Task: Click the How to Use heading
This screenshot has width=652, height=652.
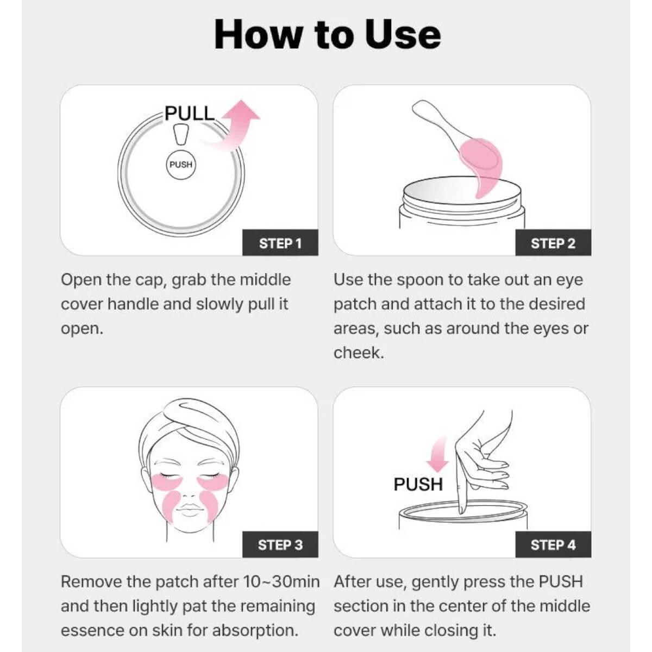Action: (327, 35)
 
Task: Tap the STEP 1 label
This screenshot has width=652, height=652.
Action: (280, 243)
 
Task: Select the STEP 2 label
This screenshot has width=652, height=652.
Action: (553, 243)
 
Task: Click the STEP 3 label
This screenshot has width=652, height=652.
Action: (280, 545)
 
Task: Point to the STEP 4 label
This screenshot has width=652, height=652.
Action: (553, 545)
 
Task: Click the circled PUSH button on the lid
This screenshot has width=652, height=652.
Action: (181, 165)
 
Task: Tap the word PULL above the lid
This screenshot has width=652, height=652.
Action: (190, 114)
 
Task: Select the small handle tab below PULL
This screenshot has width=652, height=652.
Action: (181, 134)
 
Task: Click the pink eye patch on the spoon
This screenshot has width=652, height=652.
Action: (484, 167)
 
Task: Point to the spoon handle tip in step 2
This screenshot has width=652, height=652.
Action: (417, 105)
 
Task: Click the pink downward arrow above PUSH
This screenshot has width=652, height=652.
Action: (438, 455)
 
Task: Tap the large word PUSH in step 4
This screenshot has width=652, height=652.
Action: (418, 484)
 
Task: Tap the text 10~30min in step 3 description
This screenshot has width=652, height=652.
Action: (281, 582)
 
